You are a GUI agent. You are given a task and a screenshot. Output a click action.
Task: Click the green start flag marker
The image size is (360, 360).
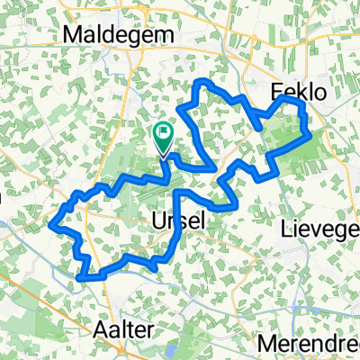[164, 137]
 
